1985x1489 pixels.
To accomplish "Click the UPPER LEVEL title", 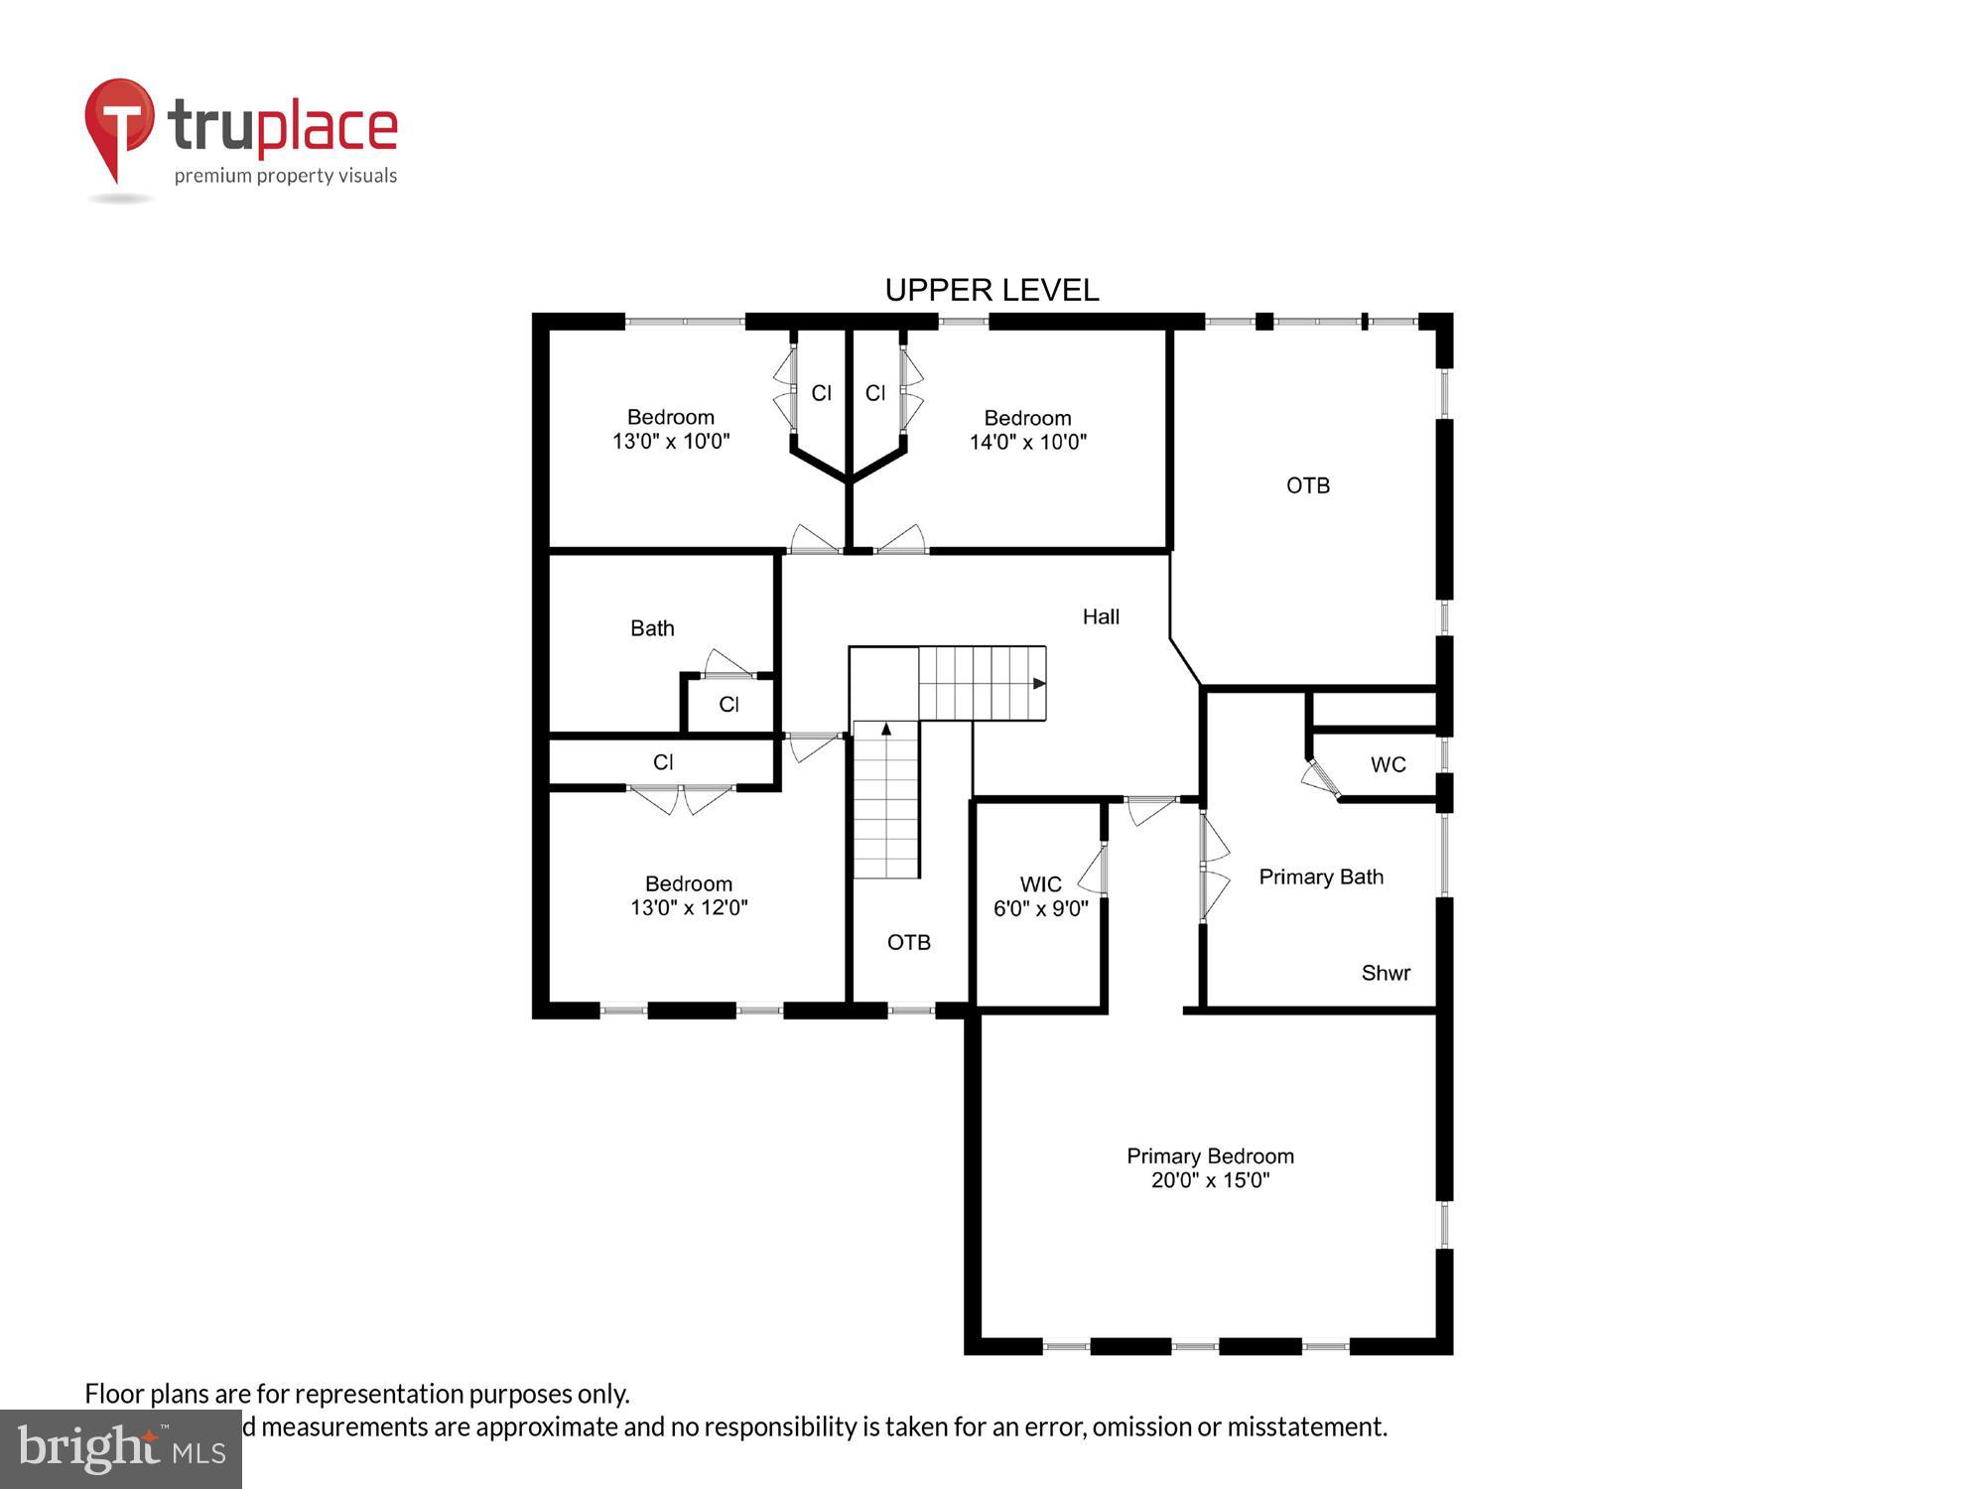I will coord(992,290).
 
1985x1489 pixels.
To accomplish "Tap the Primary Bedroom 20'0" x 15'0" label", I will coord(1210,1168).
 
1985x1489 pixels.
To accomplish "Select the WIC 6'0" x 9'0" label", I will coord(1040,896).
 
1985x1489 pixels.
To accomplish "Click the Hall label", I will coord(1101,616).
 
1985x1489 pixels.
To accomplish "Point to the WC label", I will coord(1388,764).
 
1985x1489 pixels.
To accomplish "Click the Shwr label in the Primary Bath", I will coord(1386,973).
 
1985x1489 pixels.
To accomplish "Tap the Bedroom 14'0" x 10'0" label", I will coord(1027,430).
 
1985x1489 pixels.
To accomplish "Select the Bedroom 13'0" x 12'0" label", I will coord(689,895).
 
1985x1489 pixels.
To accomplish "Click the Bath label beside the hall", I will coord(652,628).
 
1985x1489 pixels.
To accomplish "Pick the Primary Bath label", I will coord(1320,877).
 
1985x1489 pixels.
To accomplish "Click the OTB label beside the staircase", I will coord(908,942).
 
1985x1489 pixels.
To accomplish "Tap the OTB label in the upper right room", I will coord(1307,485).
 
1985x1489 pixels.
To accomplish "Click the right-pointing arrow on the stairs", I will coord(1038,683).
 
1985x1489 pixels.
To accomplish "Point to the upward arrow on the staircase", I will coord(886,730).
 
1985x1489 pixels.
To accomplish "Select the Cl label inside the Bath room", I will coord(728,704).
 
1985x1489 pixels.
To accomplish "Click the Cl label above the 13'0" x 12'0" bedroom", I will coord(663,761).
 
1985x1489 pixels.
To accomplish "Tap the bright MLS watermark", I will coord(120,1450).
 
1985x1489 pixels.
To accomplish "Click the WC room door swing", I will coord(1321,777).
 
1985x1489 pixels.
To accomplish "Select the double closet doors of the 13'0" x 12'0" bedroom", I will coord(681,798).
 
